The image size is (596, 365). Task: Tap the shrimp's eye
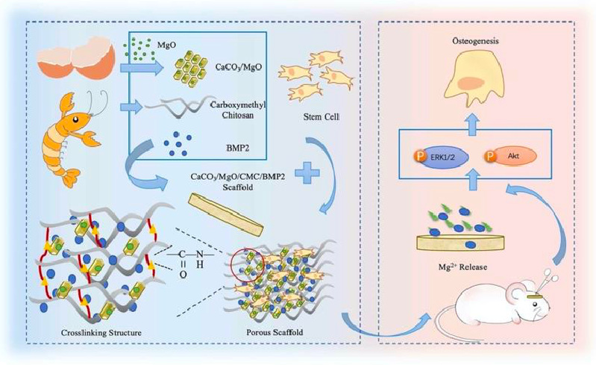(76, 119)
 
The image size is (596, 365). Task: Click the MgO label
(166, 45)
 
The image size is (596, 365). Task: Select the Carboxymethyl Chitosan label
(238, 110)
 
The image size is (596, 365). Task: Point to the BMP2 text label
(237, 148)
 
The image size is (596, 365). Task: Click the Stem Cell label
(321, 116)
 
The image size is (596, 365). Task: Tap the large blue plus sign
(307, 172)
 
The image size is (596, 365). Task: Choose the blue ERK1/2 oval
(444, 157)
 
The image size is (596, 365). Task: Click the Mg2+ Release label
(462, 267)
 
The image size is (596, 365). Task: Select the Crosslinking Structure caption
(101, 333)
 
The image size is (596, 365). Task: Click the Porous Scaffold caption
(275, 332)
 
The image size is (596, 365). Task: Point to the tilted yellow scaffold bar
(227, 213)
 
